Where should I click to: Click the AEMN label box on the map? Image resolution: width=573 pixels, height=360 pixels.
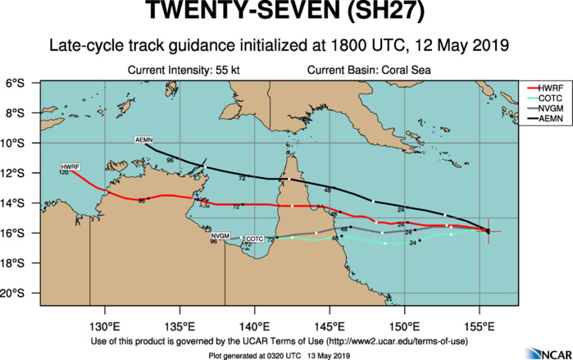coord(144,142)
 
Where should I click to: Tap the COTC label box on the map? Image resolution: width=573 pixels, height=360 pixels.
coord(256,238)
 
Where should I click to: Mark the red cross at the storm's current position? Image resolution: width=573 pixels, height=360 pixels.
coord(488,231)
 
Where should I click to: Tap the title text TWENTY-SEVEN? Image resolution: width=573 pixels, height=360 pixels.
coord(232,14)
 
